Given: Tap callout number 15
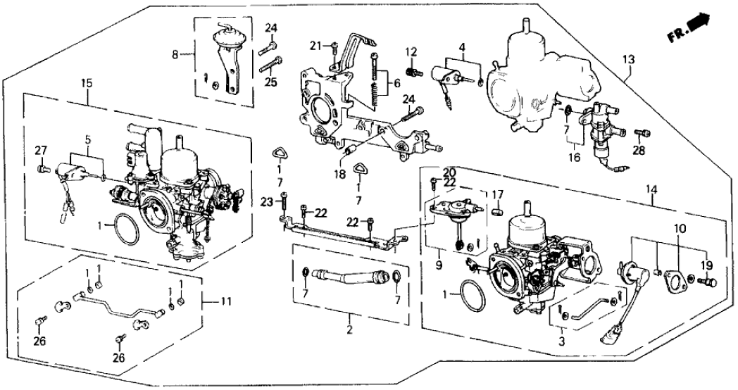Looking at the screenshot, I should click(x=87, y=83).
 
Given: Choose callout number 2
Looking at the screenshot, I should click(x=349, y=329).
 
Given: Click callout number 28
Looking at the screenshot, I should click(x=638, y=150).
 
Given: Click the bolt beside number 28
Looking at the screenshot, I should click(x=639, y=132).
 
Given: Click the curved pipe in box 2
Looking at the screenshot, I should click(x=349, y=275).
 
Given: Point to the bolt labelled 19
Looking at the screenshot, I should click(x=709, y=282).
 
